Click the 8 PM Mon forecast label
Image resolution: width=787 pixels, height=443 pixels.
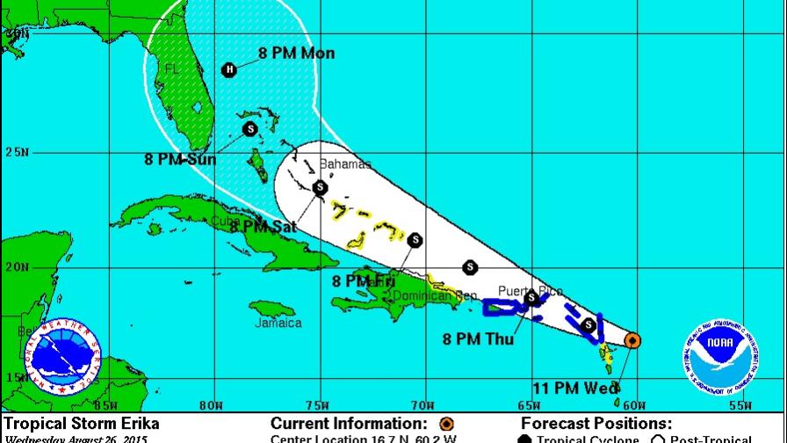coord(296,54)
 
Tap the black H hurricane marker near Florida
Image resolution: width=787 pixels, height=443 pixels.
coord(229,69)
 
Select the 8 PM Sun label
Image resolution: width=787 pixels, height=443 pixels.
coord(182,159)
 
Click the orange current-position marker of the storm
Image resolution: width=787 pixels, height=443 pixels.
coord(632,340)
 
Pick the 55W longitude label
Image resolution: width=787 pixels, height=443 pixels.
coord(740,405)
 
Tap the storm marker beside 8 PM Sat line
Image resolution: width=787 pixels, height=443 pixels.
coord(320,187)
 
